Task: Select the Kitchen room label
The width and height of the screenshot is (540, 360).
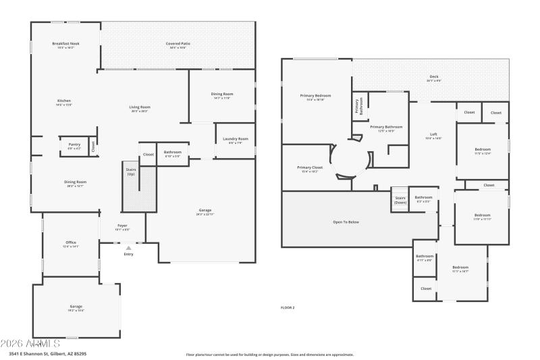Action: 63,103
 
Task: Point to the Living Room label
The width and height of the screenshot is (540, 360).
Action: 140,109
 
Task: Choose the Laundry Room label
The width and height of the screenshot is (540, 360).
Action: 235,140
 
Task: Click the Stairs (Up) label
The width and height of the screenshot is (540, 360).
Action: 131,172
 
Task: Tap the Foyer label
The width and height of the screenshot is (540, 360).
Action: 122,227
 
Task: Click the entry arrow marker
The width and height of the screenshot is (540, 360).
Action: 128,248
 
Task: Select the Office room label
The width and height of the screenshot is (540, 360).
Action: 71,244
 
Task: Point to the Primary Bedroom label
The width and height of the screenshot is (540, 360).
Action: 315,97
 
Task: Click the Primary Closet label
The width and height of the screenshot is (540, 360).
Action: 310,169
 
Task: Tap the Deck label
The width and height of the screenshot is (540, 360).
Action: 434,78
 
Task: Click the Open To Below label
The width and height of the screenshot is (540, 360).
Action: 346,222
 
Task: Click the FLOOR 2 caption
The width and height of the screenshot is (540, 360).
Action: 288,307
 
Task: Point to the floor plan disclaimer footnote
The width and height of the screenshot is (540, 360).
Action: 269,354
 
